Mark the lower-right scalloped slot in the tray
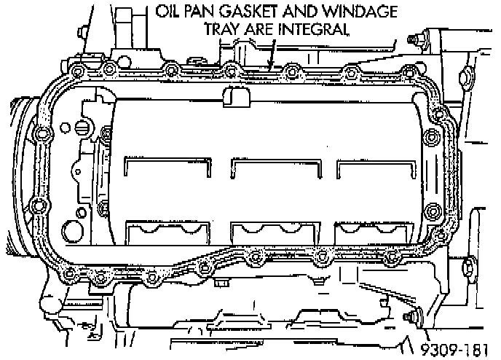click(x=378, y=232)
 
